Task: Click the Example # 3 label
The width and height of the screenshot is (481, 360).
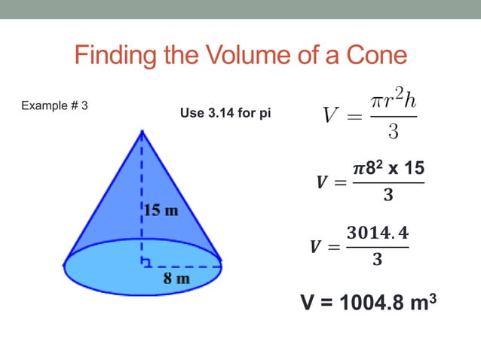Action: coord(55,105)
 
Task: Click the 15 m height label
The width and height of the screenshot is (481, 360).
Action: coord(161,210)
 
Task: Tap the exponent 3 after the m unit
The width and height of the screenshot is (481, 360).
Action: coord(433,296)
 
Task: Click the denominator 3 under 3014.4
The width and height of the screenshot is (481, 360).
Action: coord(376,261)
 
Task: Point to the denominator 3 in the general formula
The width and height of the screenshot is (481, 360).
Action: coord(393,134)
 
